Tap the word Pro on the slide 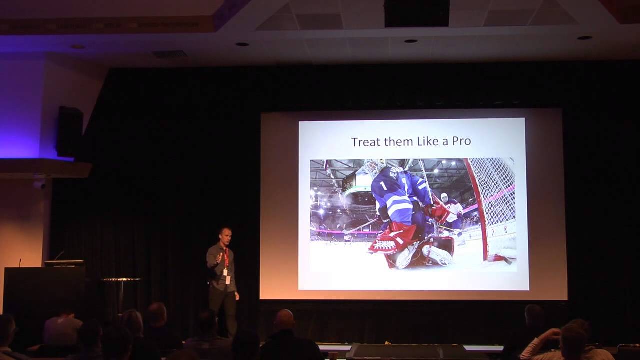461,141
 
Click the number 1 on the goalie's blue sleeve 383,185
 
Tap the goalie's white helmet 374,167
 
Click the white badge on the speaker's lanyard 228,279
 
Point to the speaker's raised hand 219,259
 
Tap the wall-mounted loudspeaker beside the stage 70,132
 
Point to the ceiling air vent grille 169,53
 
